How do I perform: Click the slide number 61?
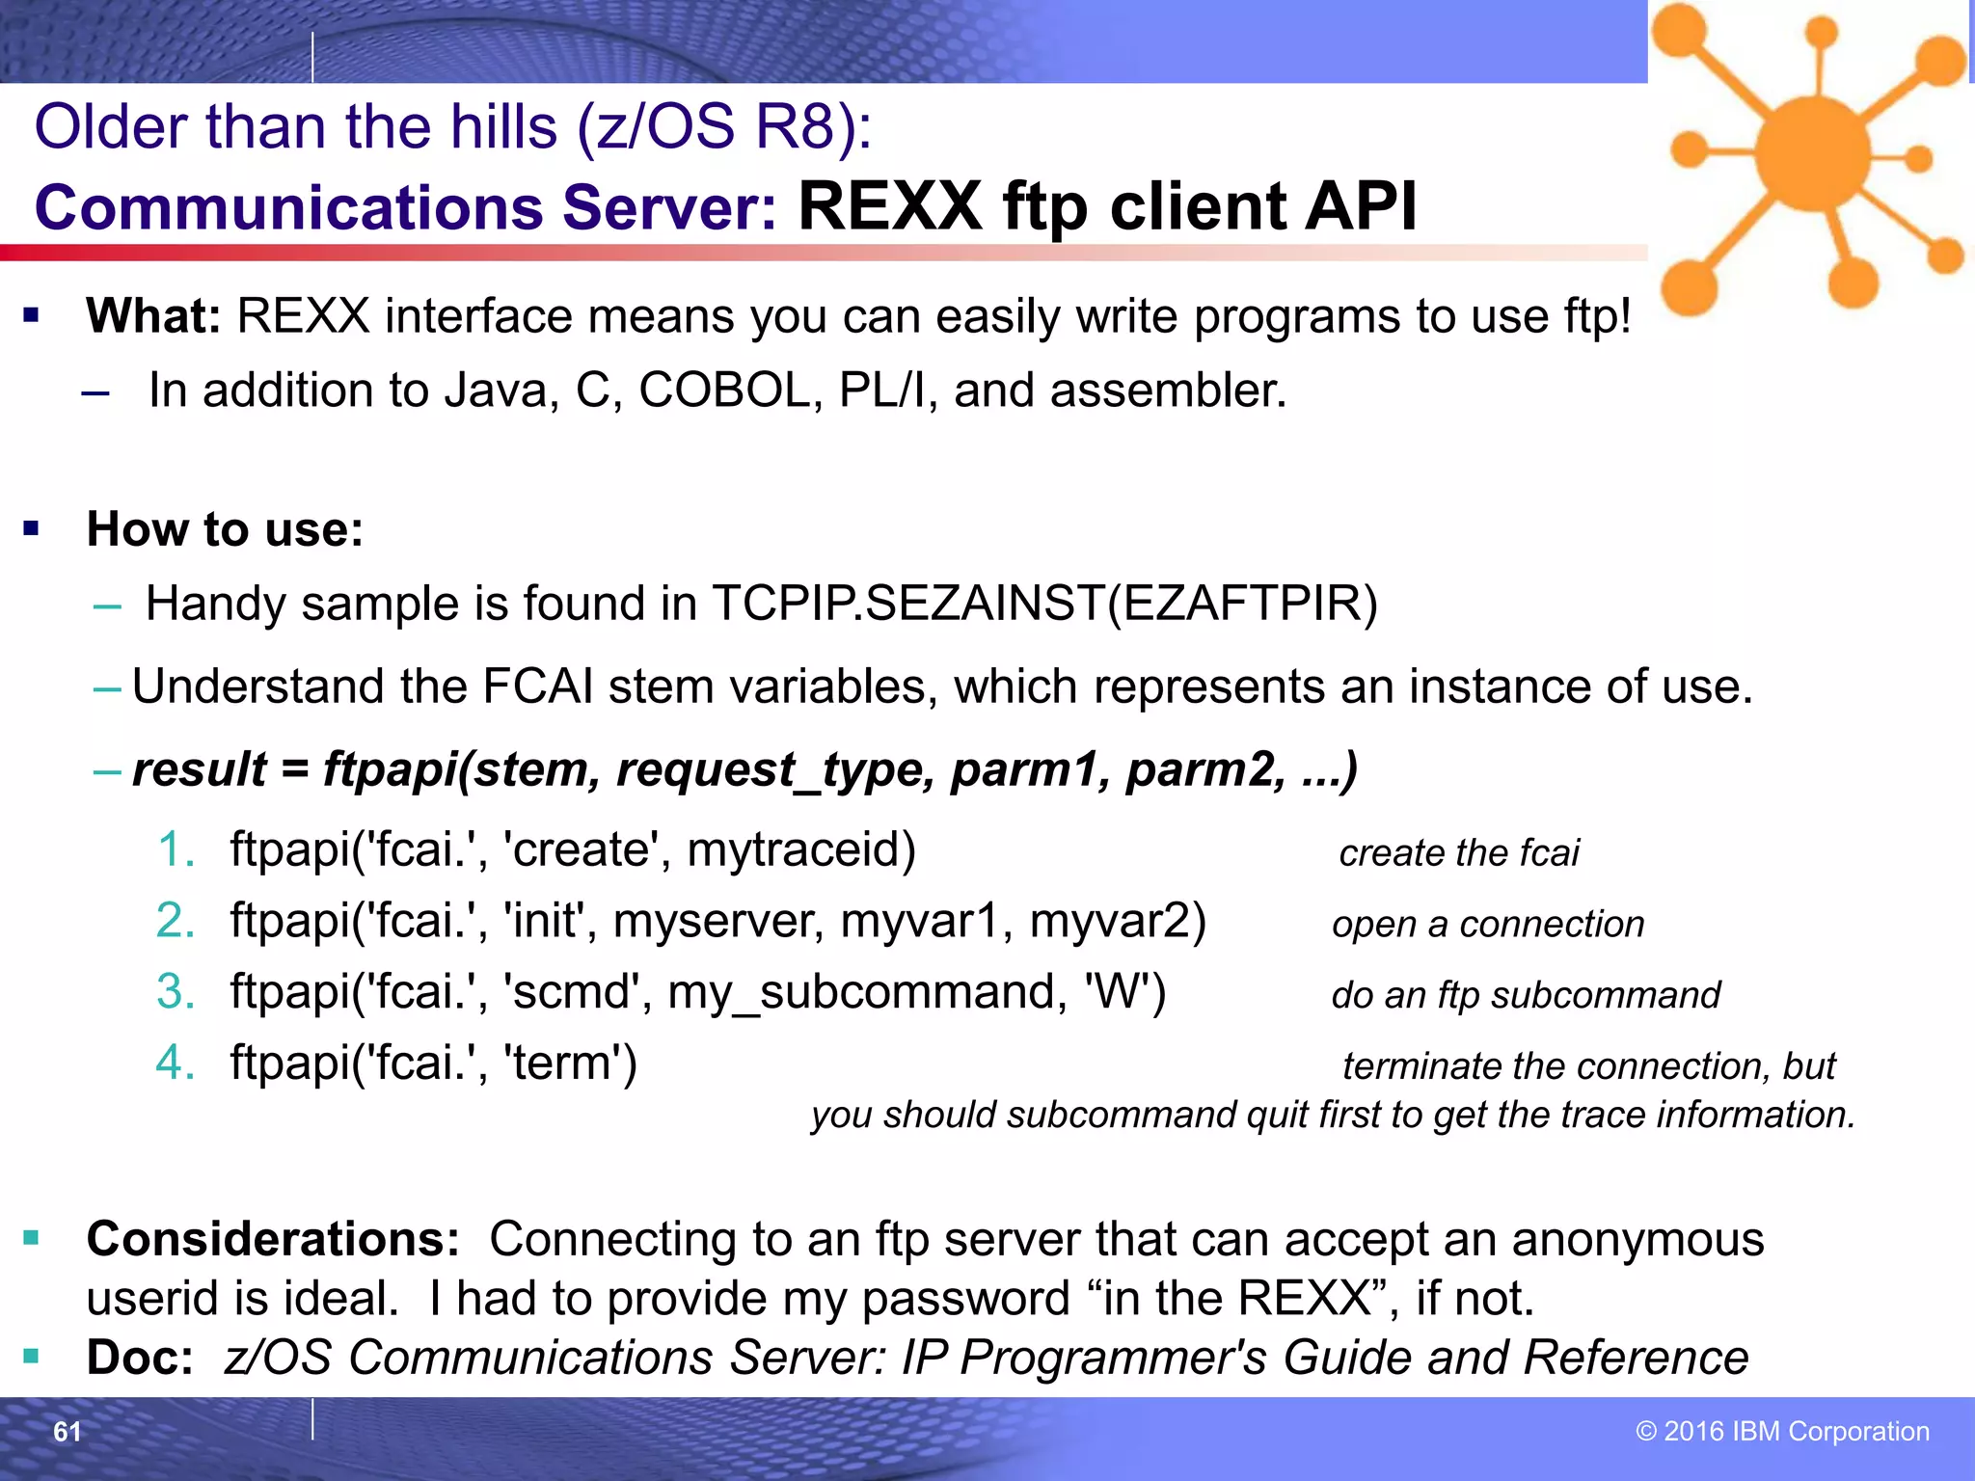pos(67,1432)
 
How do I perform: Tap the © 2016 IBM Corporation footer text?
pos(1782,1431)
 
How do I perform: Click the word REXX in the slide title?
pos(889,207)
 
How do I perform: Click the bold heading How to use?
pos(225,529)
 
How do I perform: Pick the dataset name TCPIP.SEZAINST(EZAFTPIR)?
pos(1044,604)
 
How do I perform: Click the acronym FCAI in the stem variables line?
pos(537,687)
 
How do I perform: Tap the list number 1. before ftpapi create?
pos(176,849)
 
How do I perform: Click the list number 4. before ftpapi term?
pos(176,1063)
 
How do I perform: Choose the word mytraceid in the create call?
pos(800,849)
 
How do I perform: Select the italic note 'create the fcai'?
pos(1459,853)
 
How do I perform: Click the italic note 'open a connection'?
pos(1488,925)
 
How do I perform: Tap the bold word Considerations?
pos(273,1239)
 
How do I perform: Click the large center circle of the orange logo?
pos(1812,152)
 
